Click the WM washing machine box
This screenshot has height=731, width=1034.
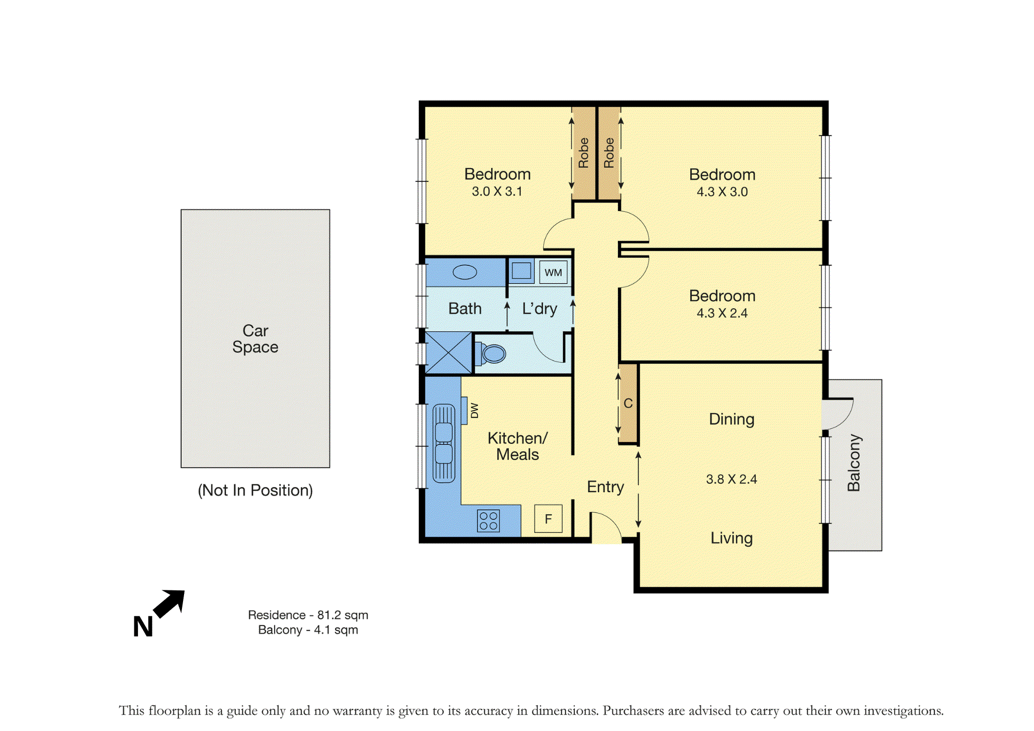[x=553, y=272]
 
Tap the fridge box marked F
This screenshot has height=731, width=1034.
[x=548, y=519]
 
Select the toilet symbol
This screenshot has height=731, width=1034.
[x=493, y=354]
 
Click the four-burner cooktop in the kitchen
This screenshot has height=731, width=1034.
[x=489, y=521]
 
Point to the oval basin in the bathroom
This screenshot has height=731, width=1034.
[x=465, y=272]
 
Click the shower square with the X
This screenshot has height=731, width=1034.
[x=448, y=353]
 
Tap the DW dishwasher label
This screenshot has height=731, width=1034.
[x=475, y=410]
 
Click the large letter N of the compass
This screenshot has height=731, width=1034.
[x=143, y=627]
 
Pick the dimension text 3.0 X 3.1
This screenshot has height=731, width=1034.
[x=497, y=191]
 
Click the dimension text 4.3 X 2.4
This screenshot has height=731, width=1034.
[x=722, y=313]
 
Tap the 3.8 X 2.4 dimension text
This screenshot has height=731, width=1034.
[x=732, y=479]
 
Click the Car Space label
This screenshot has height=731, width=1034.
[x=255, y=339]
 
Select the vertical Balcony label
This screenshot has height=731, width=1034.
[x=854, y=463]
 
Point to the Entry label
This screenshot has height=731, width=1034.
[x=605, y=487]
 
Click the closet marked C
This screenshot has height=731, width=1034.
[x=628, y=404]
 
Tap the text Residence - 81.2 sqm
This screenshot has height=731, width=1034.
[x=308, y=615]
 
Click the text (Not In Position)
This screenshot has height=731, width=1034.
[x=255, y=490]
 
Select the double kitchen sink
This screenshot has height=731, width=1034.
[x=444, y=444]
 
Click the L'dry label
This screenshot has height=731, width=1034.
[x=540, y=309]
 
